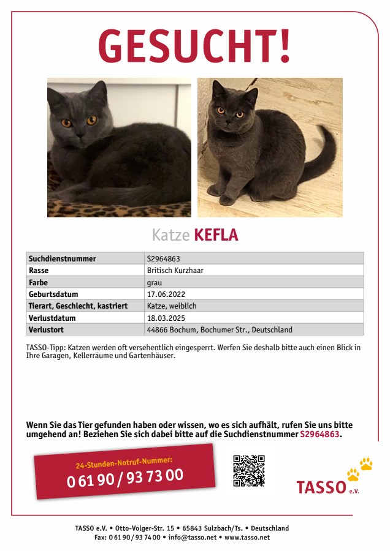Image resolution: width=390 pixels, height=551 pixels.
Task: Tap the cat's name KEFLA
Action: [216, 235]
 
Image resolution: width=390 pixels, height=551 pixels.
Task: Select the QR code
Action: [248, 470]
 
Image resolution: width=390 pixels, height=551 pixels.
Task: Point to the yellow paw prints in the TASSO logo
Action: [360, 468]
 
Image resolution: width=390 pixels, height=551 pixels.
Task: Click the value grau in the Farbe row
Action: [154, 282]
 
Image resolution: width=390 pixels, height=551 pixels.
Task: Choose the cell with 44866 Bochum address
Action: [220, 329]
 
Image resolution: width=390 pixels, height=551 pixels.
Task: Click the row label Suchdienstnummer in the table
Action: [63, 258]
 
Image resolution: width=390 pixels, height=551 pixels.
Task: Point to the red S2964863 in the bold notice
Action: [319, 434]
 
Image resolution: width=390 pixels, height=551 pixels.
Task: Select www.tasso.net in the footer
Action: [247, 538]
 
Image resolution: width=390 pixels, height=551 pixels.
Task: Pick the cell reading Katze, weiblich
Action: [172, 306]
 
